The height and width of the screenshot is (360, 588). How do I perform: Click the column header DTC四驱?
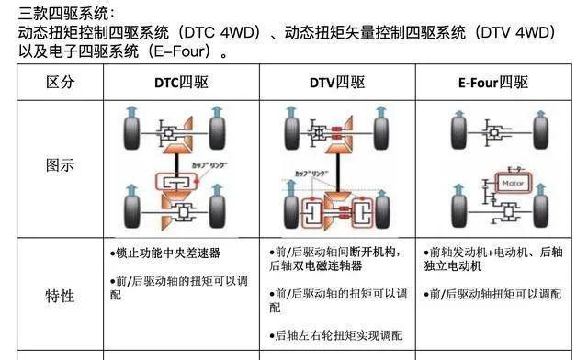coord(181,83)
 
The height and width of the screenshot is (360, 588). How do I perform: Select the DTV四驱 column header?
coord(336,83)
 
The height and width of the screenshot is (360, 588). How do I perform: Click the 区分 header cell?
coord(60,83)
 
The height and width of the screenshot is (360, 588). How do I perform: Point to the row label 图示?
coord(60,166)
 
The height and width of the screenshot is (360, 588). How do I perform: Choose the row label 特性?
coord(60,296)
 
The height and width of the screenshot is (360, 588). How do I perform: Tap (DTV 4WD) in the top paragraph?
coord(511,32)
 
